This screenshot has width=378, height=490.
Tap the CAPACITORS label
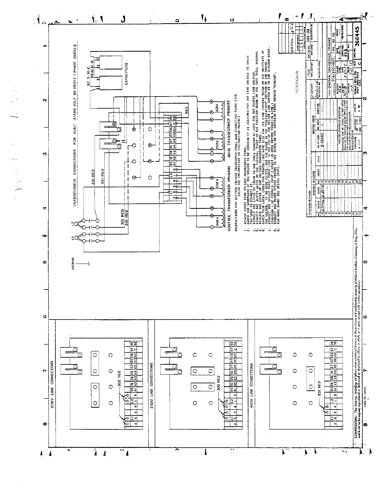[x=126, y=74]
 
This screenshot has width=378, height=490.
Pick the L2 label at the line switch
[x=73, y=223]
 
